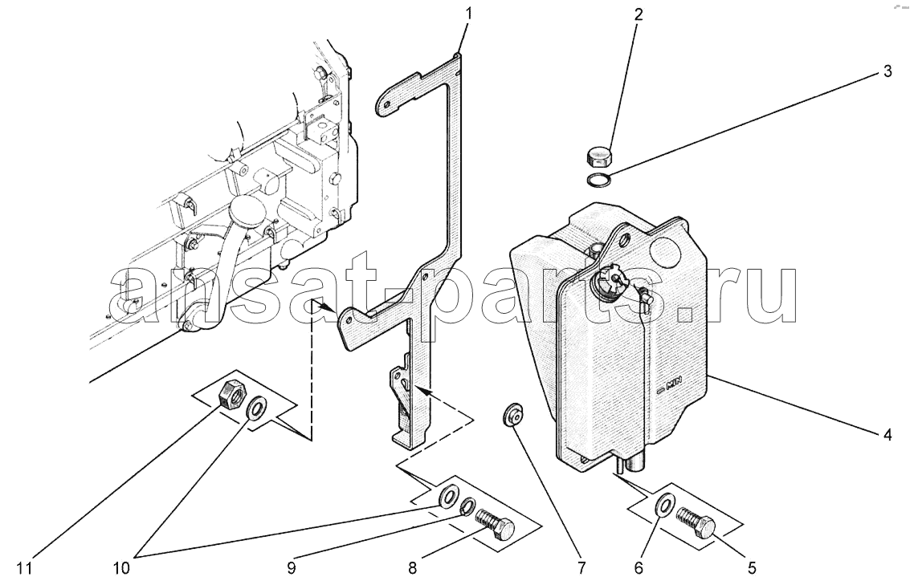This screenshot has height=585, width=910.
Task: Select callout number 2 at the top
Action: click(x=639, y=14)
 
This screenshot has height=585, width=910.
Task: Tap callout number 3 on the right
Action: click(x=888, y=72)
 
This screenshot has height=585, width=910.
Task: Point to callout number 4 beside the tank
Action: click(x=888, y=434)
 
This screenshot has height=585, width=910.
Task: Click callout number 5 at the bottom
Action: click(x=752, y=568)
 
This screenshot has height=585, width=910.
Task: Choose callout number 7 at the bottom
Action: click(x=582, y=568)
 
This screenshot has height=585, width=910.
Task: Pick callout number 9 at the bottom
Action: click(x=292, y=568)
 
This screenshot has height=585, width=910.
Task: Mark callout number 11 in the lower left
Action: click(x=24, y=569)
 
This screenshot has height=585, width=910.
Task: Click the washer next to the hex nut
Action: click(x=256, y=408)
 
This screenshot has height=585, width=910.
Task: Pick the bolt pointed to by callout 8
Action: click(x=495, y=524)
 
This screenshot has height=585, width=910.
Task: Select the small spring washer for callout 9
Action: click(x=468, y=507)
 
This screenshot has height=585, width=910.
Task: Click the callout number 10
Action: click(x=121, y=569)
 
